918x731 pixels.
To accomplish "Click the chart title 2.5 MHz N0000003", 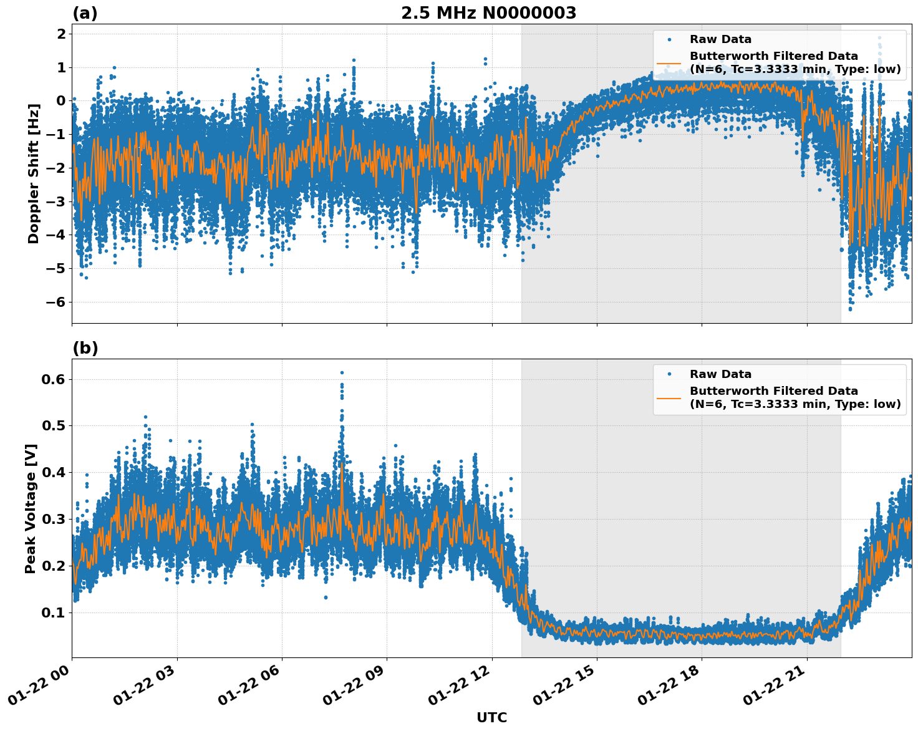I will point(488,13).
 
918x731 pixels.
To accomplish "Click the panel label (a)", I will point(85,13).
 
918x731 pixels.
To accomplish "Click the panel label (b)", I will point(85,348).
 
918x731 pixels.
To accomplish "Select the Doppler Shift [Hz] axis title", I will point(34,173).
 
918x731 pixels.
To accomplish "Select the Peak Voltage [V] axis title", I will point(31,508).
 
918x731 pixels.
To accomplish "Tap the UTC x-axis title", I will point(491,717).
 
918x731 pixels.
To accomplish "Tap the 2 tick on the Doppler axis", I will point(61,34).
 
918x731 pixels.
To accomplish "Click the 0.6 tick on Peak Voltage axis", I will point(54,379).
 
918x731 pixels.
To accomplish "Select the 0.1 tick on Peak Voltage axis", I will point(54,612).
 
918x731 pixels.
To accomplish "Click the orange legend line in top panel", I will point(669,63).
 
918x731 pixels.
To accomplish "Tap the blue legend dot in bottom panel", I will point(669,374).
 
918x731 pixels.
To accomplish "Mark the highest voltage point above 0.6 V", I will point(342,372).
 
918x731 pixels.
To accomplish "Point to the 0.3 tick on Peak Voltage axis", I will point(54,519).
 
